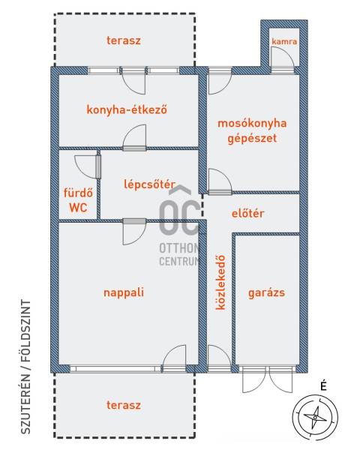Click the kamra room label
[x=284, y=41]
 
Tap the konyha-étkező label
[x=127, y=109]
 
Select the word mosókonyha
[x=252, y=124]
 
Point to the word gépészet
[x=252, y=138]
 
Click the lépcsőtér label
[x=149, y=184]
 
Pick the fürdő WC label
[x=78, y=200]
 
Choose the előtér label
[x=247, y=213]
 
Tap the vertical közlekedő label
[x=220, y=283]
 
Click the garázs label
[x=266, y=293]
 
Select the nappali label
[x=124, y=292]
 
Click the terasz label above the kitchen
[x=124, y=40]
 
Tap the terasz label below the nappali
[x=124, y=405]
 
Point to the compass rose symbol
[x=315, y=417]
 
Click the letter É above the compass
[x=323, y=385]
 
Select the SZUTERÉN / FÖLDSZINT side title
[x=25, y=367]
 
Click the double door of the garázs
[x=268, y=379]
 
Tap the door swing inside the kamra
[x=283, y=58]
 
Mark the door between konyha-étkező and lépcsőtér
[x=134, y=138]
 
